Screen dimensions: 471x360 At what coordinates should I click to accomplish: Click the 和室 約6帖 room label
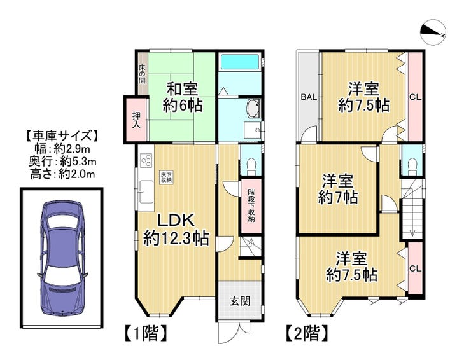[183, 97]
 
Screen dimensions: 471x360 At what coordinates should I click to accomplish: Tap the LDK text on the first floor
[176, 221]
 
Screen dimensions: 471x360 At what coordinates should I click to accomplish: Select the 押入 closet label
[137, 120]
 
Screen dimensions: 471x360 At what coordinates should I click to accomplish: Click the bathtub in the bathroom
[241, 62]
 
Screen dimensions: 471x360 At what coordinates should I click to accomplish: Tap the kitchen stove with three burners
[146, 160]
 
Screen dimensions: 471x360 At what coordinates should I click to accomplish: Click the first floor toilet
[251, 167]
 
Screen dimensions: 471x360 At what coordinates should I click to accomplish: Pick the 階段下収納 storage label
[251, 205]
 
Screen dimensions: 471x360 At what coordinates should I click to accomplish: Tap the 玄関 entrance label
[240, 301]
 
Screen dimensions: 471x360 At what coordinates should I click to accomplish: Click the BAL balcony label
[309, 97]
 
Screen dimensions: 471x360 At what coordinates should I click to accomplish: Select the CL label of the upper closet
[416, 97]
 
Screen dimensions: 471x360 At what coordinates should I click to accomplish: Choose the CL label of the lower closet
[416, 268]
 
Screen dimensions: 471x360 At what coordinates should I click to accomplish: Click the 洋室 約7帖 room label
[338, 190]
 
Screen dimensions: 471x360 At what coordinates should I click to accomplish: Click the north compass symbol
[433, 33]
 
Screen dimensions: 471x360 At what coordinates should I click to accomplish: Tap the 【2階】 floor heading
[307, 333]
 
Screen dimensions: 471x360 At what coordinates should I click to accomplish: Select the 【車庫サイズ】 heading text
[62, 136]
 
